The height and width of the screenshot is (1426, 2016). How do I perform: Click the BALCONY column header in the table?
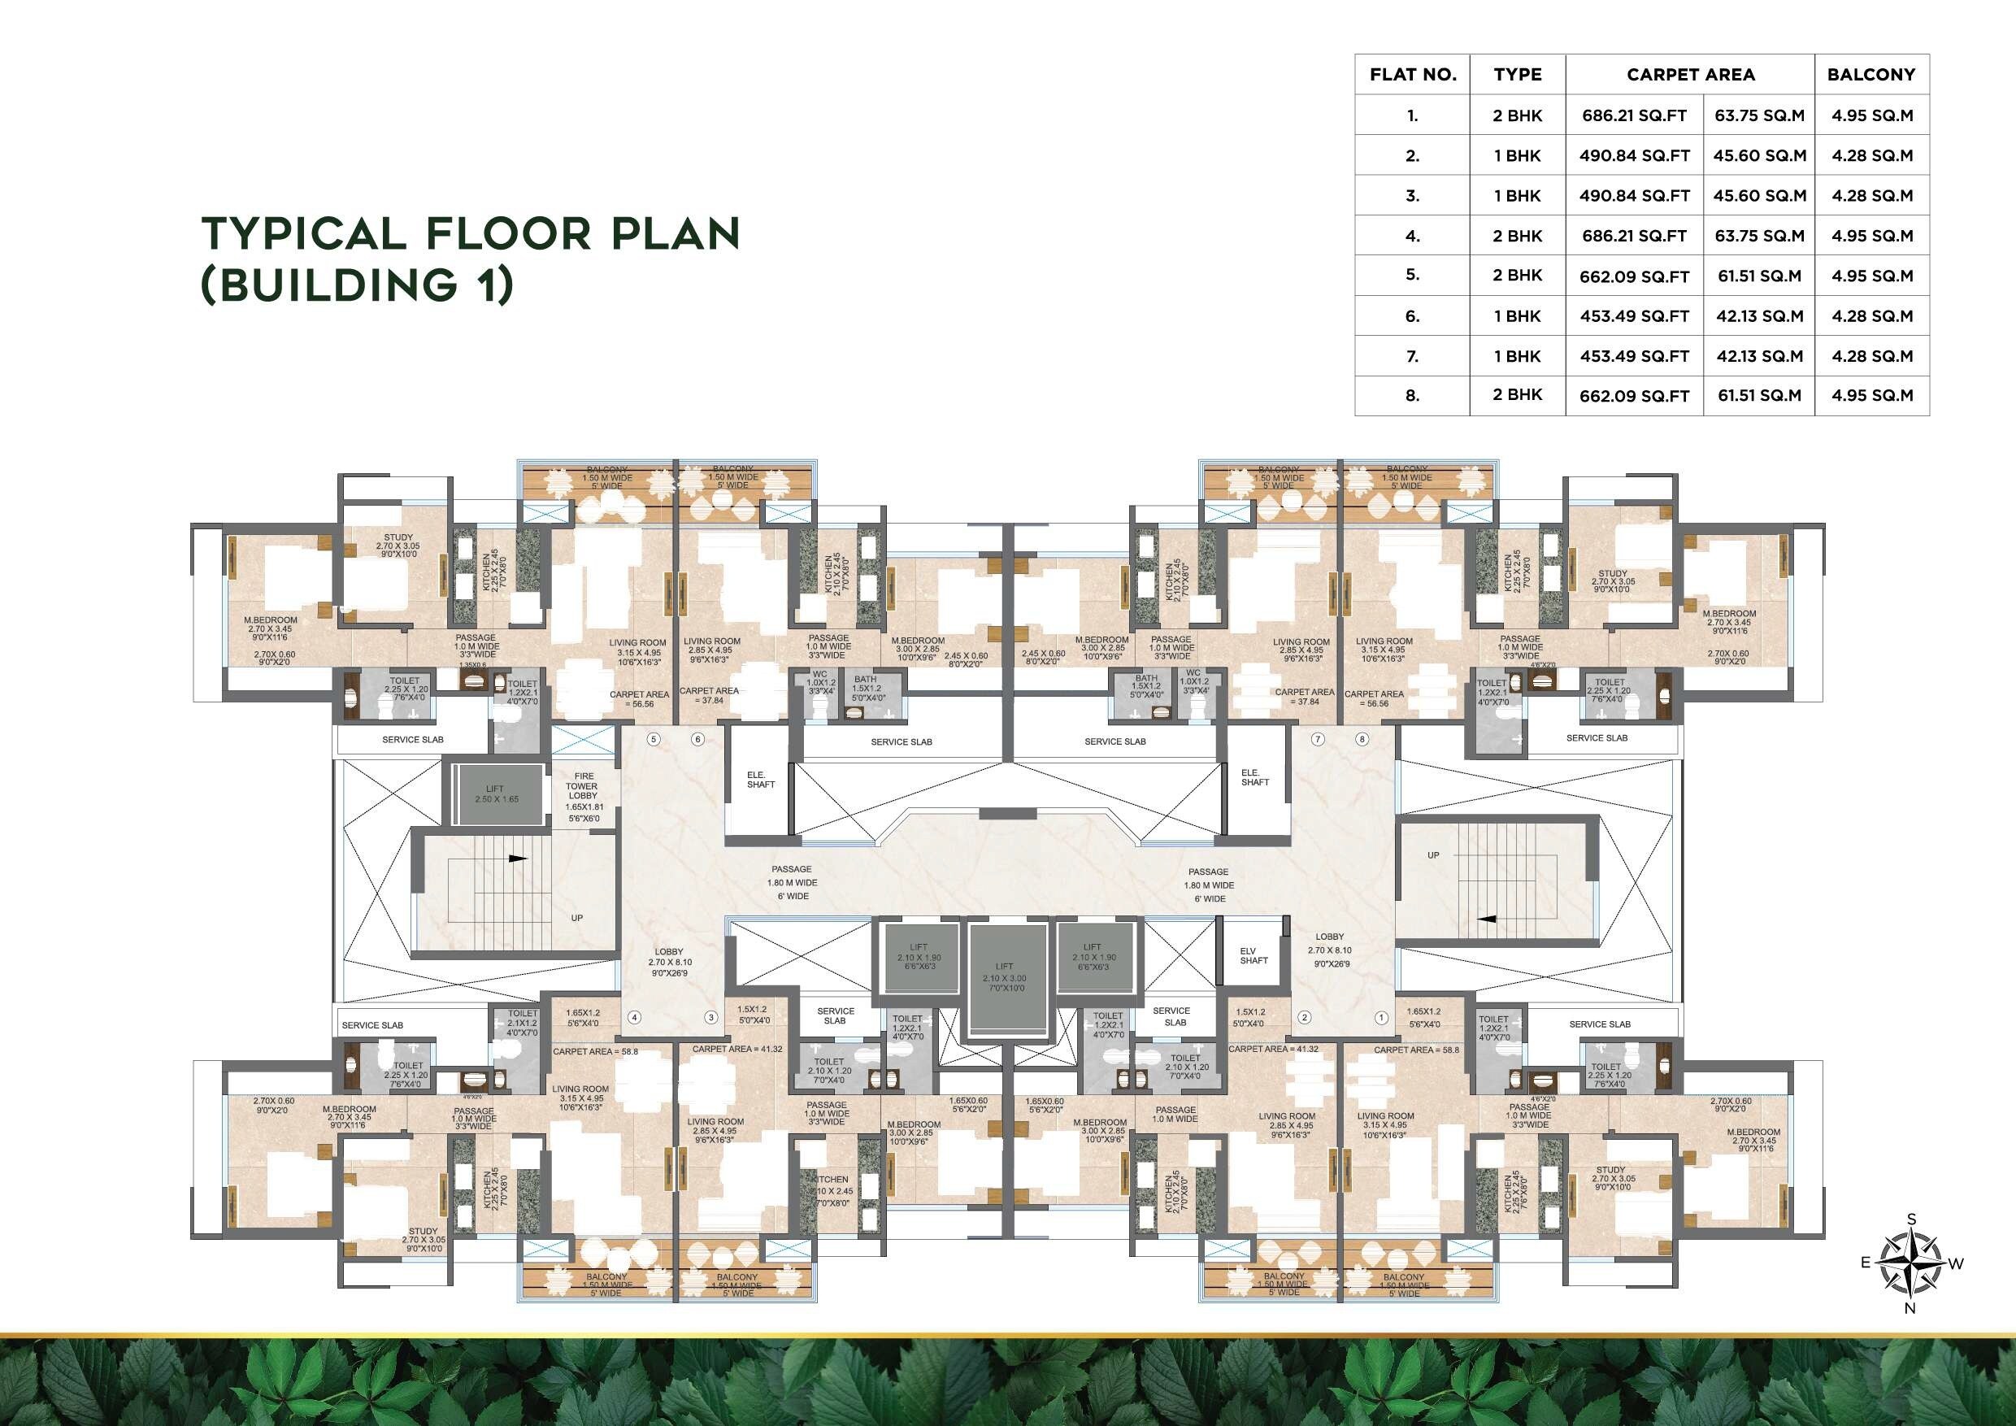pyautogui.click(x=1871, y=75)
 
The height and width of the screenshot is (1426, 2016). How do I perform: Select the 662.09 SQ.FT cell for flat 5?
pyautogui.click(x=1634, y=276)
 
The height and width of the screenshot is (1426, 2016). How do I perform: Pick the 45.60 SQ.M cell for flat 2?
pyautogui.click(x=1759, y=155)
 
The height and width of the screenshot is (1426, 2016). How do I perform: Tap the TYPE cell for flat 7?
pyautogui.click(x=1517, y=355)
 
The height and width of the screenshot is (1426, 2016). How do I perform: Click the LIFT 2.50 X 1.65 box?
pyautogui.click(x=496, y=793)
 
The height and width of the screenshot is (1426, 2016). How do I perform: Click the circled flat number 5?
pyautogui.click(x=654, y=739)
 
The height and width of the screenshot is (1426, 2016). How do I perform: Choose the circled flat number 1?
pyautogui.click(x=1381, y=1018)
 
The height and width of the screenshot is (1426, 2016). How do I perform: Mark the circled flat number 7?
pyautogui.click(x=1317, y=739)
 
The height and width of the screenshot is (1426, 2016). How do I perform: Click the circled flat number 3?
pyautogui.click(x=711, y=1018)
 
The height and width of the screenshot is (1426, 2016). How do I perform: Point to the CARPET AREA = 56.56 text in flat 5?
pyautogui.click(x=639, y=699)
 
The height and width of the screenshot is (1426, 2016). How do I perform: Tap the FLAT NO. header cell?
pyautogui.click(x=1412, y=75)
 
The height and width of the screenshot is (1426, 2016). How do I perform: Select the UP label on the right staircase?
pyautogui.click(x=1433, y=854)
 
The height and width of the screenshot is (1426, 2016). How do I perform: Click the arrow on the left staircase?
pyautogui.click(x=518, y=858)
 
